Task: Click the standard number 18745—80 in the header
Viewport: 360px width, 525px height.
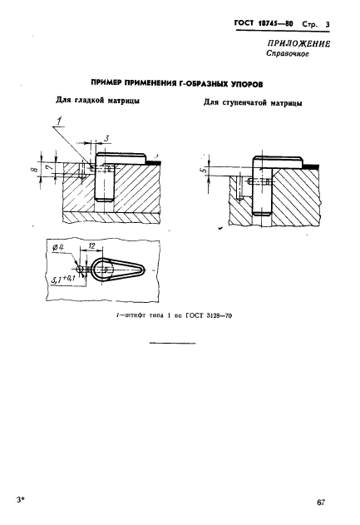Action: [x=275, y=24]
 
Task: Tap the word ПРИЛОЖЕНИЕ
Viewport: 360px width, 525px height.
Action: [x=298, y=44]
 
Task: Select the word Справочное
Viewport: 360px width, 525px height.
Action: [x=287, y=53]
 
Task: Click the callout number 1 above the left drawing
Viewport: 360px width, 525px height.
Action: [x=60, y=121]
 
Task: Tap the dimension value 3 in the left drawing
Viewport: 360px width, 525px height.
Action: [x=106, y=137]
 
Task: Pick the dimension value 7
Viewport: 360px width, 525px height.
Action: [x=50, y=167]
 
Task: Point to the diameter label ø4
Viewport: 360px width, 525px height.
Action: [x=58, y=248]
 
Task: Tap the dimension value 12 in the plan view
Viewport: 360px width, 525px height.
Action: [x=91, y=246]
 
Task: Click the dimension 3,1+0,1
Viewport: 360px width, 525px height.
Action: [x=63, y=279]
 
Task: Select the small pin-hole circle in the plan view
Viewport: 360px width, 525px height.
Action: [x=79, y=269]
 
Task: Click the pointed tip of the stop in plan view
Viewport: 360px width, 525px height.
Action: [x=145, y=269]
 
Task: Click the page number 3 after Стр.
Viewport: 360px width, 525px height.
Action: [x=328, y=24]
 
